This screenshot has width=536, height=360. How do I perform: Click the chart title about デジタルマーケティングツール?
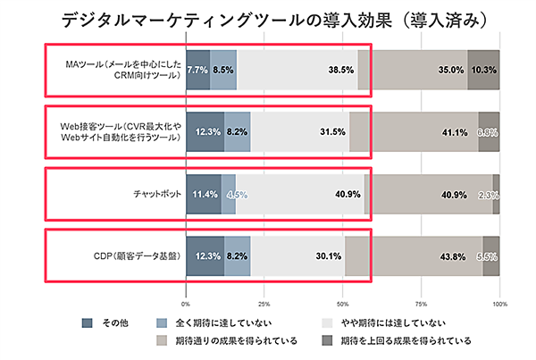(268, 19)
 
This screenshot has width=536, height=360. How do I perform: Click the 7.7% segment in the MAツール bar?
(197, 69)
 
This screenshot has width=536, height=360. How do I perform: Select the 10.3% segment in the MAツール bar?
(483, 69)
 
